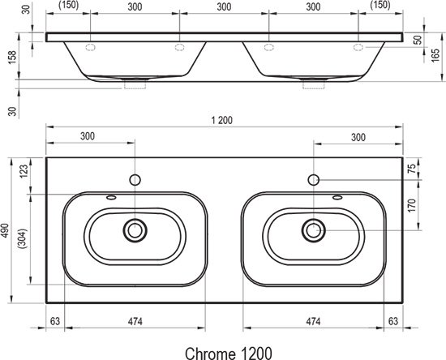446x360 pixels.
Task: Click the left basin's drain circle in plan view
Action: click(135, 229)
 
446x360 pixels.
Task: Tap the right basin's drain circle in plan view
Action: click(312, 229)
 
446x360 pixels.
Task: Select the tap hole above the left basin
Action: click(135, 178)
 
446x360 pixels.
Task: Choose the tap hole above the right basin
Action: click(312, 178)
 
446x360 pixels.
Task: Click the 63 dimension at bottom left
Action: click(54, 321)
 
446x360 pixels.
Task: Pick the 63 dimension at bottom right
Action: click(393, 321)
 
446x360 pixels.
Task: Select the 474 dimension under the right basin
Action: click(312, 321)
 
